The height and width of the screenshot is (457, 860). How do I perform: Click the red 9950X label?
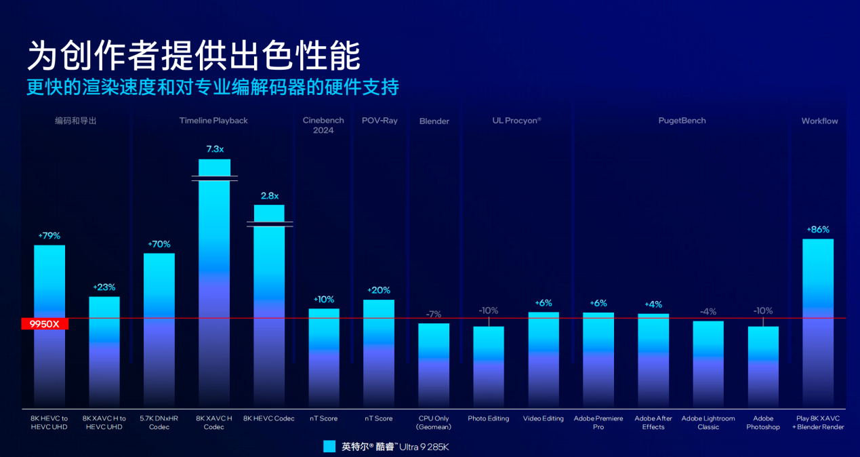click(45, 324)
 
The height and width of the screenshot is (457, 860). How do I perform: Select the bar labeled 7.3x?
click(214, 285)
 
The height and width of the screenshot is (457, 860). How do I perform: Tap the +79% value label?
click(49, 236)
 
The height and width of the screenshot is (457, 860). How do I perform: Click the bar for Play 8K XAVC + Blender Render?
click(818, 322)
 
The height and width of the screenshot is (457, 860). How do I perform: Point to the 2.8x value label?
click(270, 196)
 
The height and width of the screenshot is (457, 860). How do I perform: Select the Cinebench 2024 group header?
click(323, 125)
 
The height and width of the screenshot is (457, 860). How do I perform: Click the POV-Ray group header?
click(380, 121)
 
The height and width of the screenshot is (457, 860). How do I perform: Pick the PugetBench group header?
click(682, 121)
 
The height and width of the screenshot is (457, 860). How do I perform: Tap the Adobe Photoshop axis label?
click(763, 422)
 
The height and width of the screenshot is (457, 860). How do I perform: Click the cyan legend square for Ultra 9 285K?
click(330, 446)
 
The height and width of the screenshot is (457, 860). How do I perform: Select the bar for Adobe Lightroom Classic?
click(708, 363)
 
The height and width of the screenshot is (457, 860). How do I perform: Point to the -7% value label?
click(434, 315)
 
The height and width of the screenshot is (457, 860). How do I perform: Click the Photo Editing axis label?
click(489, 418)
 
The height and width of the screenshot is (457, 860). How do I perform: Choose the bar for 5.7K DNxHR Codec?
click(159, 330)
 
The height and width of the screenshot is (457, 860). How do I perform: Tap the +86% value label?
click(818, 230)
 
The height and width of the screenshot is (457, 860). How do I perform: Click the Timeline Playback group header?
click(213, 121)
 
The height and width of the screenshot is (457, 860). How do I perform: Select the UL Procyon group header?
click(516, 121)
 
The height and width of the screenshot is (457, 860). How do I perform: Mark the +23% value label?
click(104, 287)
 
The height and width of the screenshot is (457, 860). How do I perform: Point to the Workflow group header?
click(819, 121)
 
